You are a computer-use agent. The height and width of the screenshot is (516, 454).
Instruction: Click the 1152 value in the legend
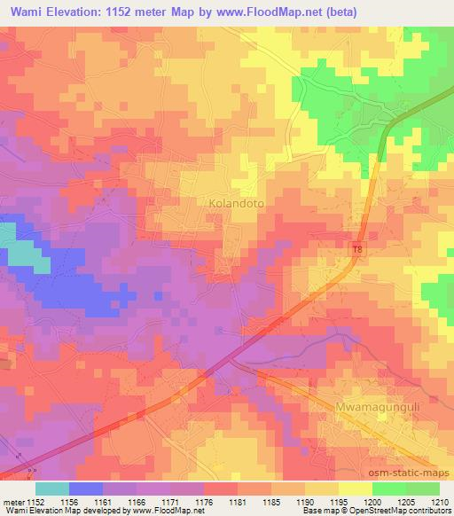coord(35,502)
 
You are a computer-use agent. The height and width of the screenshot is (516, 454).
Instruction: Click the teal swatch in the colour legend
coord(52,489)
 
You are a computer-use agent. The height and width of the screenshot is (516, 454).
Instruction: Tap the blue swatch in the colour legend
coord(86,489)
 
